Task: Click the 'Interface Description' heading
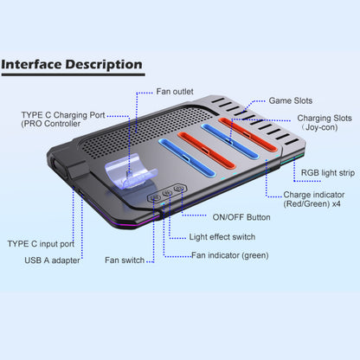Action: [72, 64]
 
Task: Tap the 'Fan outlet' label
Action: [175, 92]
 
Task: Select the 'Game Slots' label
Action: [291, 100]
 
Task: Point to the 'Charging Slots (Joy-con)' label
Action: [325, 123]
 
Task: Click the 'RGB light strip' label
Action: [328, 173]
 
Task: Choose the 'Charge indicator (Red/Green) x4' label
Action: [314, 199]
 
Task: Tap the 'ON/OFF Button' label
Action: [241, 217]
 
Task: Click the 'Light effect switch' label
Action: [222, 237]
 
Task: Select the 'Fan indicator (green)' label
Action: [230, 255]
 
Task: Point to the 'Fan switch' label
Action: [125, 260]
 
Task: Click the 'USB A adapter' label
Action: [52, 260]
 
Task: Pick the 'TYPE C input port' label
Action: [41, 244]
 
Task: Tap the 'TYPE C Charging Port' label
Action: [63, 115]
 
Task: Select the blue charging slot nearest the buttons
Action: [187, 157]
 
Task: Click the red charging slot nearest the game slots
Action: [247, 134]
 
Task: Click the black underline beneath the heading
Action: [74, 74]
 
